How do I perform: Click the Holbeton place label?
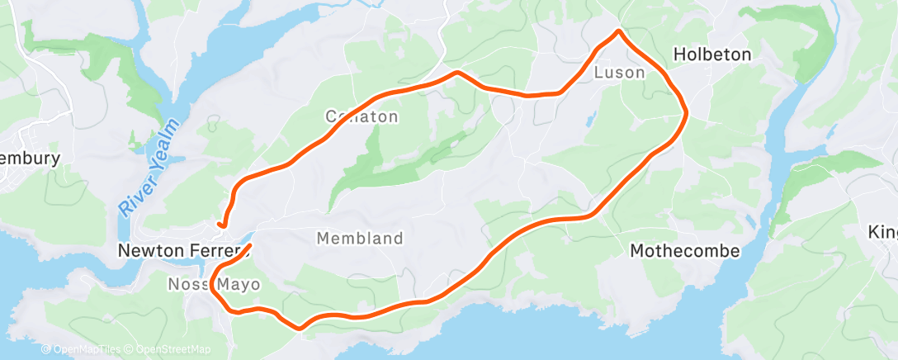[712, 54]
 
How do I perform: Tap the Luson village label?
[619, 73]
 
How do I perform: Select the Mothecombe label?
[685, 250]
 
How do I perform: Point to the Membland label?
[360, 239]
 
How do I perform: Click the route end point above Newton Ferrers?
[220, 224]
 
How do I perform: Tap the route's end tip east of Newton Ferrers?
[249, 245]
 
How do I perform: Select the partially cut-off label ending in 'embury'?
[31, 159]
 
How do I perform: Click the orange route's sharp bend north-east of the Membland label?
[589, 217]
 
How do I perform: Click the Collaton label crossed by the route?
[362, 116]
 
